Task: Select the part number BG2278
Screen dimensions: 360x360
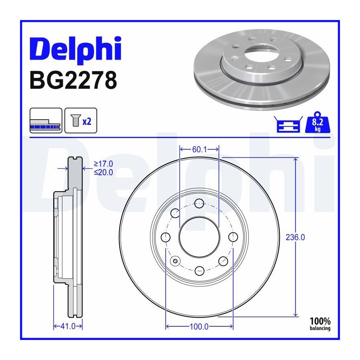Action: (x=73, y=80)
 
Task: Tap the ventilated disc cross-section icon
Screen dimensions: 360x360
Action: (x=46, y=120)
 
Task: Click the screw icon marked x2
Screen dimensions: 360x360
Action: (x=81, y=120)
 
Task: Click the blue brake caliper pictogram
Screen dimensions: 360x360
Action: (x=288, y=124)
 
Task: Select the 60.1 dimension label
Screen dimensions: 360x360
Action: (x=199, y=150)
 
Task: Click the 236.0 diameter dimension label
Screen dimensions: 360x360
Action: (x=295, y=237)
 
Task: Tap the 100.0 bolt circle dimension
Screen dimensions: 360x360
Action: (x=199, y=326)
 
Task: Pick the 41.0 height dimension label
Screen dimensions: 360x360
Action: (x=68, y=326)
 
